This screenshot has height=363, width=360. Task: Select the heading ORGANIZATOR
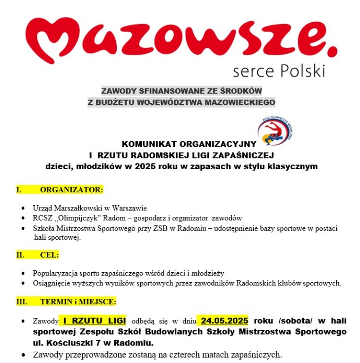pyautogui.click(x=71, y=190)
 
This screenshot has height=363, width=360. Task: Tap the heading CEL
pyautogui.click(x=49, y=255)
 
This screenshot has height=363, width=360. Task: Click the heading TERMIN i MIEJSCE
pyautogui.click(x=78, y=301)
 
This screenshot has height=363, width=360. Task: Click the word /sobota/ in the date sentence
pyautogui.click(x=293, y=321)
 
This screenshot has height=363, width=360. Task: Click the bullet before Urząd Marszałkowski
pyautogui.click(x=24, y=208)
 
